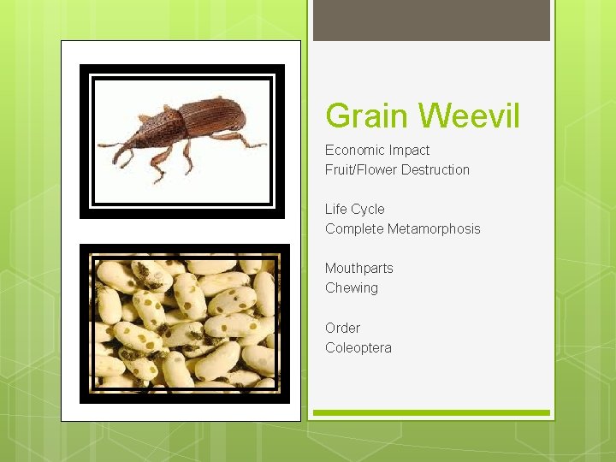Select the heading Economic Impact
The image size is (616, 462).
point(377,150)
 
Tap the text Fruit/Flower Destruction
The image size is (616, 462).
point(397,169)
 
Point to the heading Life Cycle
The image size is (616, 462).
point(355,209)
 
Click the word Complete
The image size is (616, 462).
point(354,228)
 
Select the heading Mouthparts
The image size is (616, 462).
point(359,268)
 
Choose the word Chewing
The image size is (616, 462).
point(352,287)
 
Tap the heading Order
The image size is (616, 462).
point(342,328)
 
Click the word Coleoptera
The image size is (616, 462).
point(358,347)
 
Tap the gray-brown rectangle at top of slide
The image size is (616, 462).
point(431,20)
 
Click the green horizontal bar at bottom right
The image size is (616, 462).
point(431,413)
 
